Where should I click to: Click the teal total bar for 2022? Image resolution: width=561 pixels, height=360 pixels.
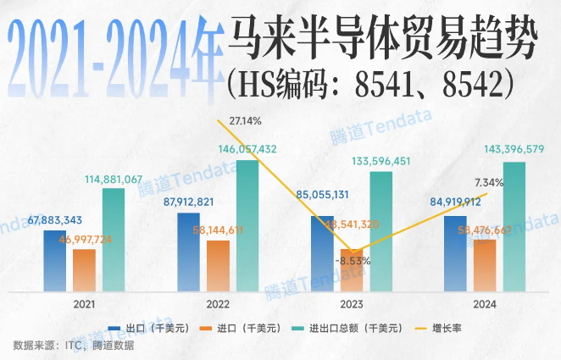click(247, 224)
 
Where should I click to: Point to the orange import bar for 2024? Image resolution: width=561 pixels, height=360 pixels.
click(485, 264)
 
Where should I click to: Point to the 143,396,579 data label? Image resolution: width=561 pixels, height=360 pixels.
click(503, 149)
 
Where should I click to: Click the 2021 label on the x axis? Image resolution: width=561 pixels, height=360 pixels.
click(84, 303)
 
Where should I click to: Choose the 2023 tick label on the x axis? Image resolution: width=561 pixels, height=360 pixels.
click(351, 303)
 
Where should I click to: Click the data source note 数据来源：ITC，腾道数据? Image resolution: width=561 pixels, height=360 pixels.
click(74, 345)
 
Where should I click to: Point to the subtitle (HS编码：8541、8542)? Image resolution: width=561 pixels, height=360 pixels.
click(372, 82)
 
